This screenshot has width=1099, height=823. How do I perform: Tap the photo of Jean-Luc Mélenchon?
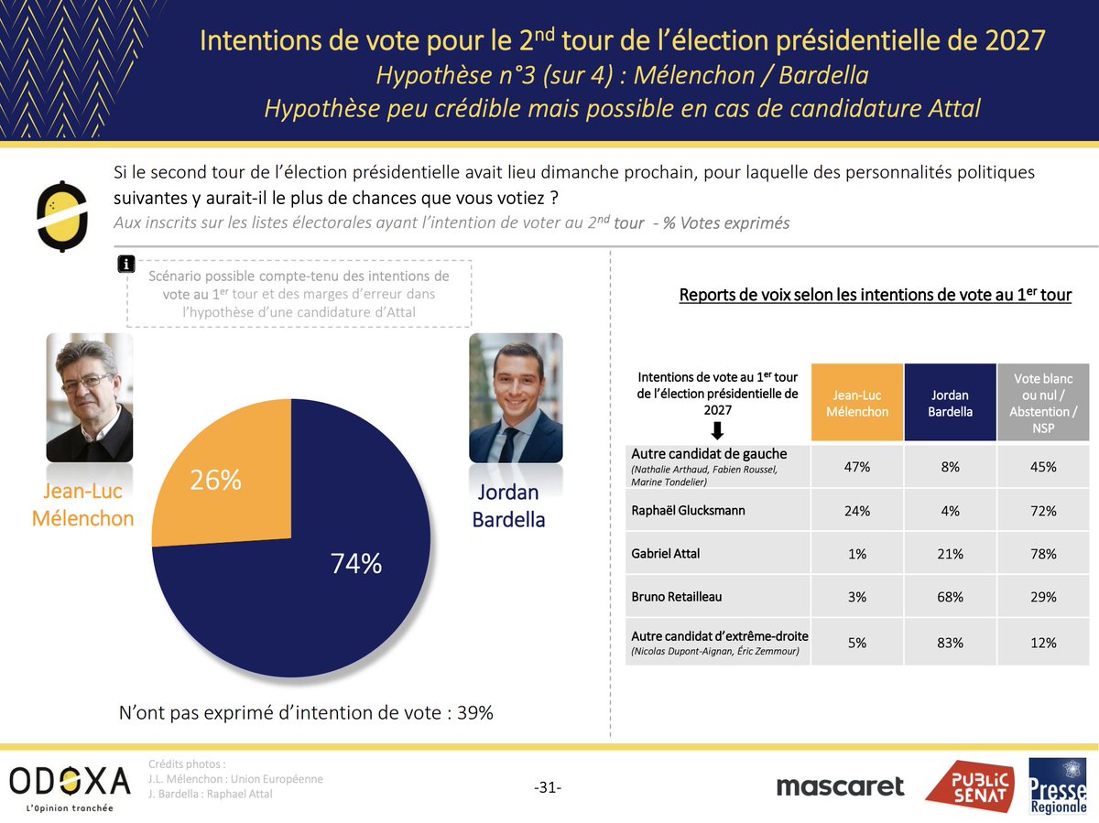click(89, 396)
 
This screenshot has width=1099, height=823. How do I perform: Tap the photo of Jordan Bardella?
click(516, 396)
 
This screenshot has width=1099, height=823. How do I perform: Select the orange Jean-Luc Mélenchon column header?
click(856, 403)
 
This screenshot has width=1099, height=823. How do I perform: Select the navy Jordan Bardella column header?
click(950, 403)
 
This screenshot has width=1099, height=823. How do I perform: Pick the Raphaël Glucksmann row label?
click(689, 510)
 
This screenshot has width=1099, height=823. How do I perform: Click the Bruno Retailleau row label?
click(677, 596)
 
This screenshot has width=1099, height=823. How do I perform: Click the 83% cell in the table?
click(950, 643)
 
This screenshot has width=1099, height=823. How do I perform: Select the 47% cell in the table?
click(856, 467)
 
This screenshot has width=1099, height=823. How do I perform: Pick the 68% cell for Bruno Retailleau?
click(950, 597)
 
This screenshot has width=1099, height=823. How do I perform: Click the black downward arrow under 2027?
click(717, 430)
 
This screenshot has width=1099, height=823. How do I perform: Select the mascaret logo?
click(840, 786)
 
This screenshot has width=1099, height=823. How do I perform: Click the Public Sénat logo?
click(969, 786)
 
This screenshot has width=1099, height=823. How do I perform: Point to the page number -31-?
click(547, 787)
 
